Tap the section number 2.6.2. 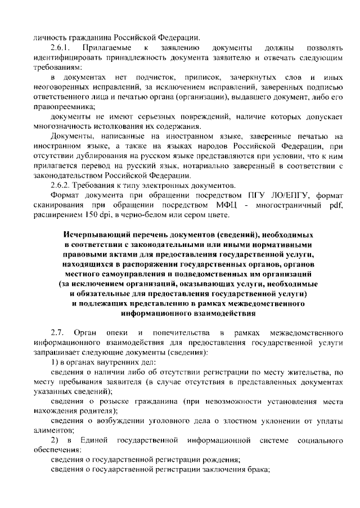click(60, 185)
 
